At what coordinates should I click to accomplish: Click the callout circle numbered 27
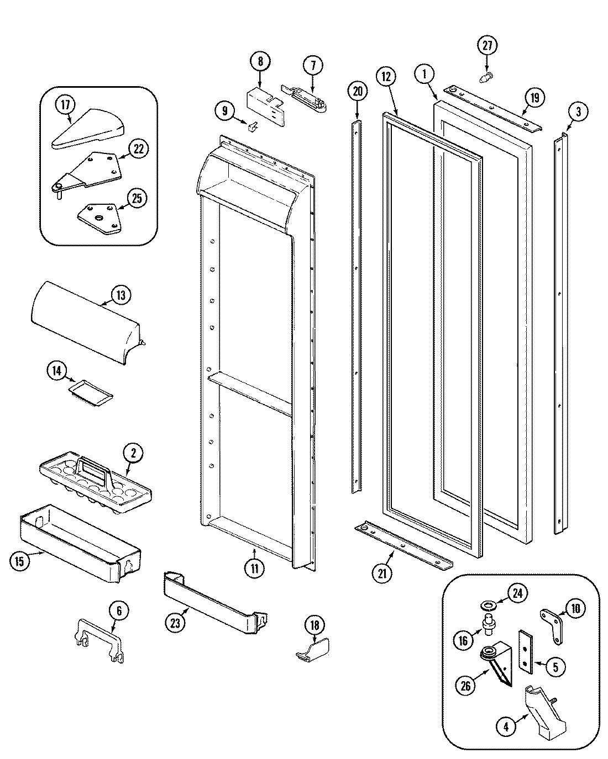pyautogui.click(x=486, y=46)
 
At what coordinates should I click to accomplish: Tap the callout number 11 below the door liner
pyautogui.click(x=254, y=569)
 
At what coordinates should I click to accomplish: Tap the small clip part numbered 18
pyautogui.click(x=313, y=649)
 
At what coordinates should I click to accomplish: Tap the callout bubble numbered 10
pyautogui.click(x=575, y=609)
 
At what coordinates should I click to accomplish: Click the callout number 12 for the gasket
pyautogui.click(x=386, y=77)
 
